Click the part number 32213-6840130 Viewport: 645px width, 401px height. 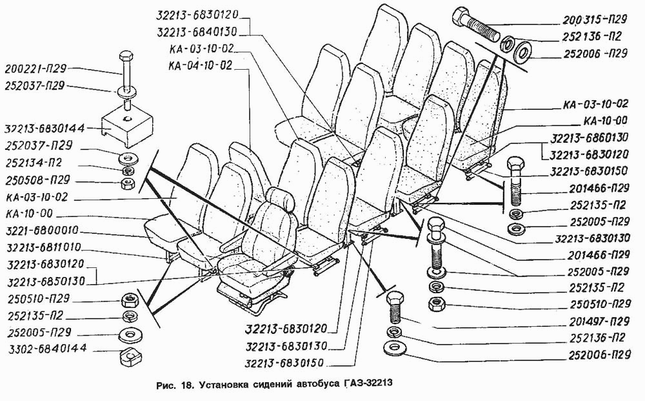point(197,31)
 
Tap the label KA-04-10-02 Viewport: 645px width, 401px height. point(200,65)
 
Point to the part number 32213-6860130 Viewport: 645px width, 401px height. point(590,138)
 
